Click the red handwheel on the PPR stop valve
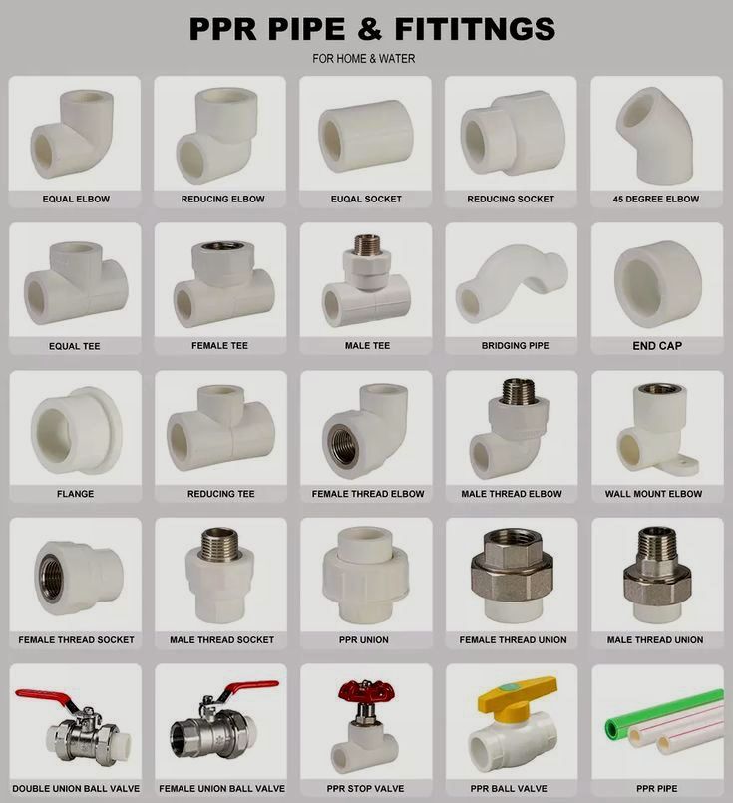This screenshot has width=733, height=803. [x=366, y=691]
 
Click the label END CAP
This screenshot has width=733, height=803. [x=657, y=346]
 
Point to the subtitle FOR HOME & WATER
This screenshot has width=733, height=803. [x=364, y=59]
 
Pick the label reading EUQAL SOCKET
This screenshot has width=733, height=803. [x=366, y=199]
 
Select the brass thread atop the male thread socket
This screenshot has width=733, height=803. [x=219, y=544]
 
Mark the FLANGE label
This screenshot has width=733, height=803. [x=75, y=494]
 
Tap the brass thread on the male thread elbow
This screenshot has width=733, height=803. [x=519, y=392]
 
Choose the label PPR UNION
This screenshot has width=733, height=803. [x=363, y=640]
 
